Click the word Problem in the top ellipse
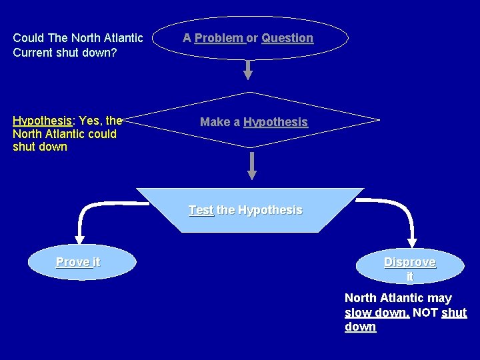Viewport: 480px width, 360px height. (x=219, y=38)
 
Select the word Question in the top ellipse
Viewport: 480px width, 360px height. (x=287, y=38)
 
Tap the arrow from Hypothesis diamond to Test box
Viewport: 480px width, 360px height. (x=252, y=165)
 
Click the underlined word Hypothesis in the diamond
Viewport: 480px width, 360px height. (x=275, y=122)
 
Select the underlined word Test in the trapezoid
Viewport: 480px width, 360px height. (x=201, y=210)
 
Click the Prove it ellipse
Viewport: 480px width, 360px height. (x=81, y=263)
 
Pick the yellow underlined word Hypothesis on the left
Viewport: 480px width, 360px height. (x=42, y=121)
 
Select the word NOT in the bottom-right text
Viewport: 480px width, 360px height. (x=425, y=313)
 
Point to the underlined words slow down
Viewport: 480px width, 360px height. (x=377, y=313)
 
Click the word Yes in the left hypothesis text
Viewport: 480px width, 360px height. (x=90, y=121)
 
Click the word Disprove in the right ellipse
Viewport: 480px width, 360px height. (x=409, y=262)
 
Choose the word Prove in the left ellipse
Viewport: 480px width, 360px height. (x=72, y=262)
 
